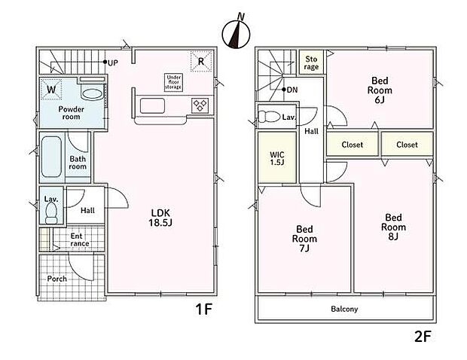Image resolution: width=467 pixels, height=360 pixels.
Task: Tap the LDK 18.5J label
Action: (x=160, y=218)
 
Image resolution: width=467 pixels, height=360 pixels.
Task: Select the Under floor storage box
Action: (x=173, y=82)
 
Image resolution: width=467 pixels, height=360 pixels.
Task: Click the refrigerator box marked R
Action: (x=201, y=62)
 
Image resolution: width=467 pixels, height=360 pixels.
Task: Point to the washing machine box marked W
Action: (x=51, y=89)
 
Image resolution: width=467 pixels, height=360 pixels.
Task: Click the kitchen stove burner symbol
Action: (x=200, y=105)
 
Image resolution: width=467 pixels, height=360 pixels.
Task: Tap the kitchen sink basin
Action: (x=152, y=105)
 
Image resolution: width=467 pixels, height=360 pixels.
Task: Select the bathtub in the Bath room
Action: (x=51, y=157)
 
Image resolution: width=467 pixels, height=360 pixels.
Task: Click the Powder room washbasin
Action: (x=93, y=94)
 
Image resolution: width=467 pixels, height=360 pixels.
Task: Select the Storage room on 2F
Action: (x=311, y=63)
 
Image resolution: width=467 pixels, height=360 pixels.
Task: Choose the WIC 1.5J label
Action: (x=277, y=158)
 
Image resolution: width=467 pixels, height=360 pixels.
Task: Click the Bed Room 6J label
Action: (x=380, y=90)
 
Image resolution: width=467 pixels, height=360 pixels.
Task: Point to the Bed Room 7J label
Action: (x=304, y=239)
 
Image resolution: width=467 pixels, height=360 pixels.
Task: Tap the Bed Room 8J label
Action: (x=393, y=227)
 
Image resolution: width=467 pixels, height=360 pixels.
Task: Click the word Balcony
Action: (x=344, y=309)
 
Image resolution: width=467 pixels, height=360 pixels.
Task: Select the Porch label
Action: (x=57, y=279)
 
